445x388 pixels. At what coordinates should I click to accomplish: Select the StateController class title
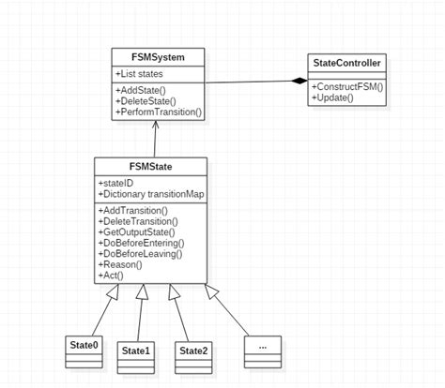tap(346, 64)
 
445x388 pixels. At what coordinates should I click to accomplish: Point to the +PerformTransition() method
tap(160, 112)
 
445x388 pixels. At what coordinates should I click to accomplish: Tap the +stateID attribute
tap(116, 183)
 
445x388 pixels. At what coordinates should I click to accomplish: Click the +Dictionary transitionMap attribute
tap(149, 194)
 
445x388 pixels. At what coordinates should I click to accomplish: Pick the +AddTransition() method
tap(132, 211)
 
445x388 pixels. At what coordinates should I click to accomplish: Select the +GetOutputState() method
tap(137, 232)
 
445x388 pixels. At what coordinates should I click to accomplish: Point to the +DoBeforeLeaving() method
tap(140, 254)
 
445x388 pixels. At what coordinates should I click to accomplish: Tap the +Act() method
tap(112, 276)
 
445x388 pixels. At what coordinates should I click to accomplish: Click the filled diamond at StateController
tap(299, 82)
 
